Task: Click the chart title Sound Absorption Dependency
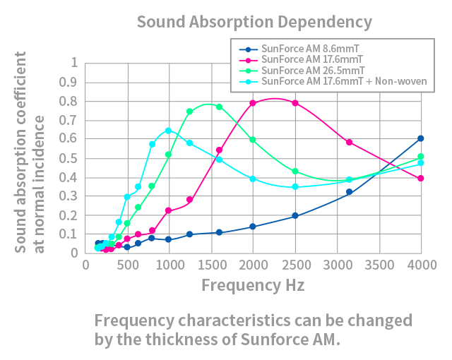pyautogui.click(x=254, y=23)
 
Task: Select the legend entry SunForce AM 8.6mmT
pyautogui.click(x=299, y=49)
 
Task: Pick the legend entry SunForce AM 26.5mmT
pyautogui.click(x=302, y=71)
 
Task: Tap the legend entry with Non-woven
pyautogui.click(x=333, y=81)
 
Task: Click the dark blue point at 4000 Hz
pyautogui.click(x=421, y=138)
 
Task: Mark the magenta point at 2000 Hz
pyautogui.click(x=253, y=103)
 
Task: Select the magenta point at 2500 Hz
pyautogui.click(x=295, y=103)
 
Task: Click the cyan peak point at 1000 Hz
pyautogui.click(x=169, y=131)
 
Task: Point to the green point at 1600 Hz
pyautogui.click(x=220, y=107)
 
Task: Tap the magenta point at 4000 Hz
pyautogui.click(x=421, y=179)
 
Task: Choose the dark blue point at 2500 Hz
pyautogui.click(x=295, y=215)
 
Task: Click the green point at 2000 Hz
pyautogui.click(x=253, y=140)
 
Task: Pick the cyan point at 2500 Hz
pyautogui.click(x=295, y=186)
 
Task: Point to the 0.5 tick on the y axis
pyautogui.click(x=69, y=158)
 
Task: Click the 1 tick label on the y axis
pyautogui.click(x=74, y=62)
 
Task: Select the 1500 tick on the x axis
pyautogui.click(x=212, y=265)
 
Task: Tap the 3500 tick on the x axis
pyautogui.click(x=379, y=265)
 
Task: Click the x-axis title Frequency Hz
pyautogui.click(x=253, y=285)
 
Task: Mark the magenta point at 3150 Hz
pyautogui.click(x=350, y=143)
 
